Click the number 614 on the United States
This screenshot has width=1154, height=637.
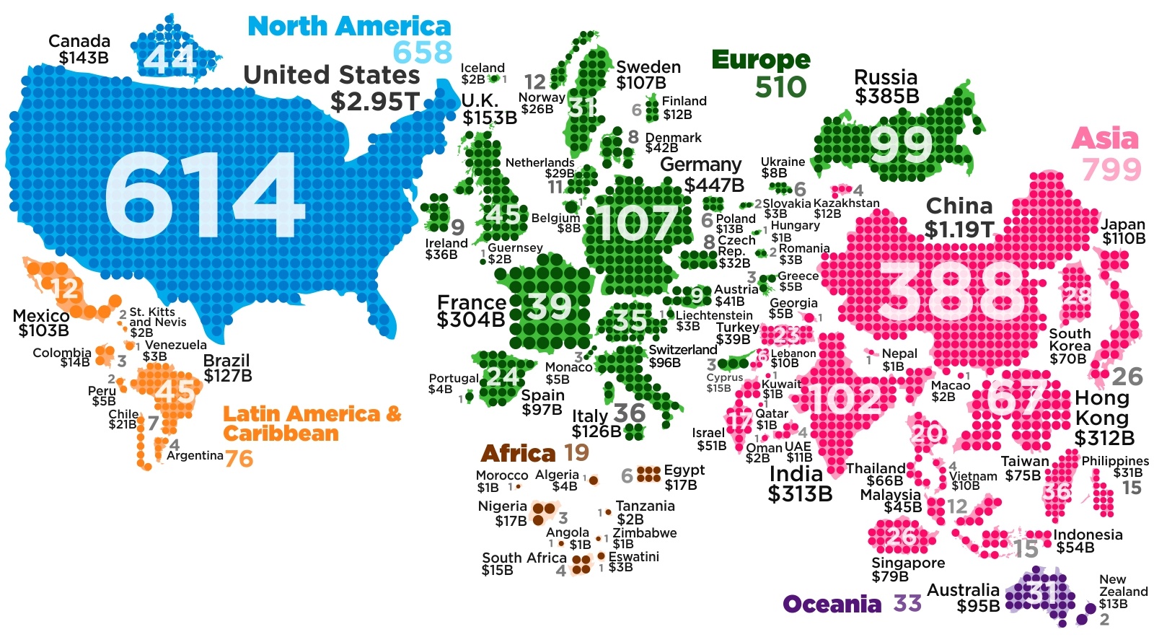click(x=205, y=196)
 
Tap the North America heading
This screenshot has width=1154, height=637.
click(x=349, y=27)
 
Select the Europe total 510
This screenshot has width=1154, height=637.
click(x=780, y=87)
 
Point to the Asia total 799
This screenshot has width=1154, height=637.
click(x=1111, y=170)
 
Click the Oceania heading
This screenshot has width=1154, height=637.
click(x=832, y=604)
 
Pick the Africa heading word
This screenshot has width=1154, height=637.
click(x=518, y=454)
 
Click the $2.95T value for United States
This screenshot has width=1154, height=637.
click(x=374, y=101)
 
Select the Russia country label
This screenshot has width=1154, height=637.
click(x=886, y=77)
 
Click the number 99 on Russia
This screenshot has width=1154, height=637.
click(x=902, y=145)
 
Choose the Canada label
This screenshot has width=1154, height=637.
click(x=79, y=41)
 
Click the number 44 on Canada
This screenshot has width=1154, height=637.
click(x=169, y=59)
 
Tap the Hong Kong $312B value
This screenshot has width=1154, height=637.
click(x=1104, y=438)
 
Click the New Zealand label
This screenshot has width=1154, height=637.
click(x=1123, y=585)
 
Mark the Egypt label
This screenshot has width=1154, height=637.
click(x=684, y=470)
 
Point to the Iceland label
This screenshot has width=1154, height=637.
click(x=483, y=68)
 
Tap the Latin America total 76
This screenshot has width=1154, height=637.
click(x=239, y=458)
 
